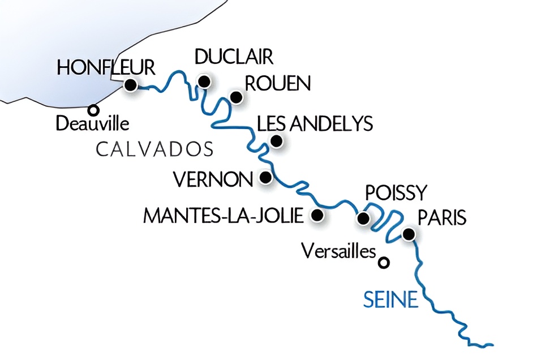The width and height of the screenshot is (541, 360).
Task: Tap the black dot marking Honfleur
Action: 131,85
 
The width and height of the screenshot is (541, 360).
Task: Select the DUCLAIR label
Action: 234,57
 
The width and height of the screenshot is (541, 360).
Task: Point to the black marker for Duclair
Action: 204,82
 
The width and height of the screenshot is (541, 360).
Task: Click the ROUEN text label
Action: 277,83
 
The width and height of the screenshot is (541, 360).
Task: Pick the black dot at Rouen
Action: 236,97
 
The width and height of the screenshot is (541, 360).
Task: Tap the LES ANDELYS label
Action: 315,123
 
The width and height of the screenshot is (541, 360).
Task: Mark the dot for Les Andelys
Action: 276,141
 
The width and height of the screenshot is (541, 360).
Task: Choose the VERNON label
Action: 213,180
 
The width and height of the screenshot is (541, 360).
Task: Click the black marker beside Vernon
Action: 264,178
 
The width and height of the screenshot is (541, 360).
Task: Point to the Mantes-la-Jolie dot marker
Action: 317,215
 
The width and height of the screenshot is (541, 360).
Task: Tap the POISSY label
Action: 395,193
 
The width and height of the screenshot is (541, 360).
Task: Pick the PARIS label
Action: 441,217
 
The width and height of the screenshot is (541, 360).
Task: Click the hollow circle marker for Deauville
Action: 93,110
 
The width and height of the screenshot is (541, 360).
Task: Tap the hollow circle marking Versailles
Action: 384,263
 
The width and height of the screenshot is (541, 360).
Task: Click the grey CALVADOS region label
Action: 154,149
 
